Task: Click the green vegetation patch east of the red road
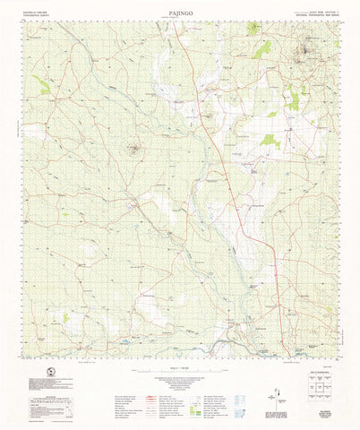click(x=270, y=140)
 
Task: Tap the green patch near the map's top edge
click(x=261, y=49)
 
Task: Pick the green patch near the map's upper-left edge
click(x=42, y=85)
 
